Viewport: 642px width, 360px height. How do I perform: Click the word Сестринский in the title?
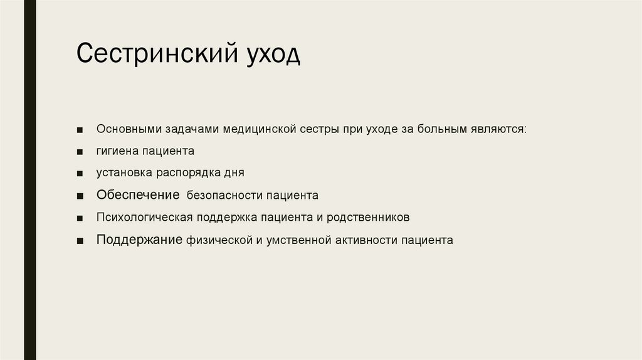click(149, 54)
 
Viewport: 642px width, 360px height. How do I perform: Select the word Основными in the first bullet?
click(128, 129)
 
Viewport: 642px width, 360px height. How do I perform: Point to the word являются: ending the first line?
click(500, 129)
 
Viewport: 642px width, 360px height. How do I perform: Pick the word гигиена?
click(117, 151)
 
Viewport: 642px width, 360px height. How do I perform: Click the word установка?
click(122, 172)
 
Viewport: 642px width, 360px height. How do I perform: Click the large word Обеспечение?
click(138, 194)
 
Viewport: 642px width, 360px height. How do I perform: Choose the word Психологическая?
click(144, 217)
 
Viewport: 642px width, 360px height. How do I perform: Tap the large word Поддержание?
click(139, 239)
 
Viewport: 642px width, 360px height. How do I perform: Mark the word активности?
click(367, 240)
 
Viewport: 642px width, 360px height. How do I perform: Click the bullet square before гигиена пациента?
click(80, 152)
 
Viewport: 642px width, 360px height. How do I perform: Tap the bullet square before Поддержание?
click(80, 240)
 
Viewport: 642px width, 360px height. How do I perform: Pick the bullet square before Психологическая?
click(80, 218)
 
